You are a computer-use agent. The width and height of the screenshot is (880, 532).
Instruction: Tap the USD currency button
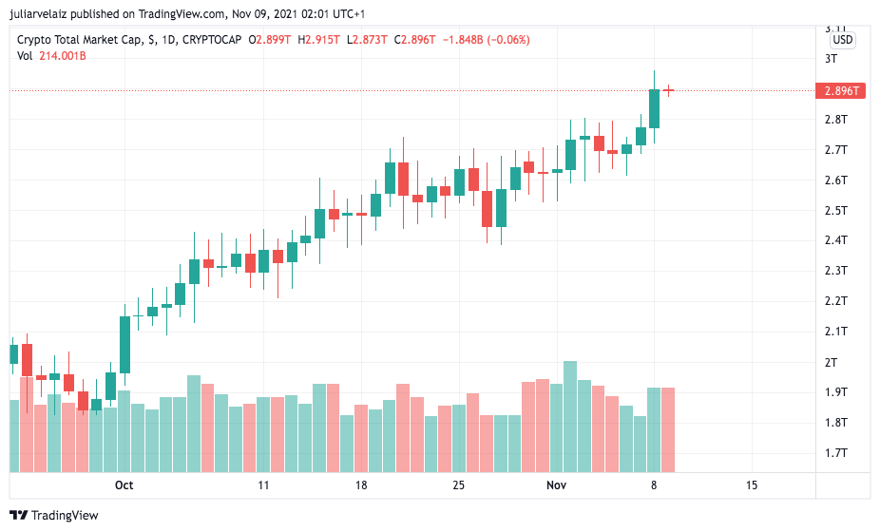click(x=842, y=40)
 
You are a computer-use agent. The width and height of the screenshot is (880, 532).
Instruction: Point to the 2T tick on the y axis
click(x=832, y=362)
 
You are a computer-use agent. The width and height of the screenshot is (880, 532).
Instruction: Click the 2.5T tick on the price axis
click(x=835, y=210)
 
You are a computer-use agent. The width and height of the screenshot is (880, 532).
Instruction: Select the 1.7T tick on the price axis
click(x=835, y=453)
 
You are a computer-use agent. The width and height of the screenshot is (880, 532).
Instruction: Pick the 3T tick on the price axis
click(x=832, y=58)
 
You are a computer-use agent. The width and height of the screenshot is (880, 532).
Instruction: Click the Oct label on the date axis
click(x=124, y=484)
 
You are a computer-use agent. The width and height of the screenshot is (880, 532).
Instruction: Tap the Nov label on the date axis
click(x=557, y=484)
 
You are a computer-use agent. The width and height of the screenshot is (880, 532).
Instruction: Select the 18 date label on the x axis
click(x=361, y=484)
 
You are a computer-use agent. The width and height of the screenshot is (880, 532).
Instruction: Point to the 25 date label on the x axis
click(x=459, y=484)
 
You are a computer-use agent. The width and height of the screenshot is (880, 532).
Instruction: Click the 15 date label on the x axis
click(x=752, y=484)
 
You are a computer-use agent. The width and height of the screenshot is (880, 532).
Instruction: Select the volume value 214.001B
click(x=63, y=56)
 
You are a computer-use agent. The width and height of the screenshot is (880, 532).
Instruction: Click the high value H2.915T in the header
click(x=320, y=40)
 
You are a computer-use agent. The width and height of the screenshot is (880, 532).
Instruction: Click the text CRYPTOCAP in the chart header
click(x=211, y=40)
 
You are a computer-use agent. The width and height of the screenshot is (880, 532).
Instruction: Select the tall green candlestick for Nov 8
click(x=654, y=108)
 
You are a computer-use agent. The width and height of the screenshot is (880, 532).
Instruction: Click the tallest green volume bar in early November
click(x=570, y=416)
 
